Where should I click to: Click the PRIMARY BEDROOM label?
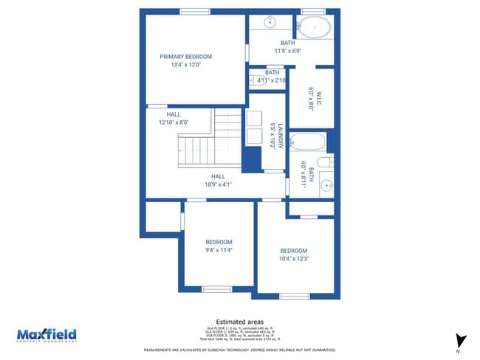point(186,57)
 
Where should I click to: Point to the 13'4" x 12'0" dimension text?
point(186,65)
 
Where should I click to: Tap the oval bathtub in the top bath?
point(315,27)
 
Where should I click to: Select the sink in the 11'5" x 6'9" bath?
point(270,21)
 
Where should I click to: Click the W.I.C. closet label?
point(312,98)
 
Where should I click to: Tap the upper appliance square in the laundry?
point(255,118)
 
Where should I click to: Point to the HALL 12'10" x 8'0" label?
point(174,119)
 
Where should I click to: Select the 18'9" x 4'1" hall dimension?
point(218,184)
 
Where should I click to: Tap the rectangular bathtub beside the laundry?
point(306,141)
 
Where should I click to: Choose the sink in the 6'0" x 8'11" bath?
point(326,184)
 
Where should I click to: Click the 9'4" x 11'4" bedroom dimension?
point(219,250)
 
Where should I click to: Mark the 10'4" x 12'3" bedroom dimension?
point(293,258)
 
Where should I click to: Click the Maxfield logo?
point(47,336)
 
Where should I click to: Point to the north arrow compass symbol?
point(460,341)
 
